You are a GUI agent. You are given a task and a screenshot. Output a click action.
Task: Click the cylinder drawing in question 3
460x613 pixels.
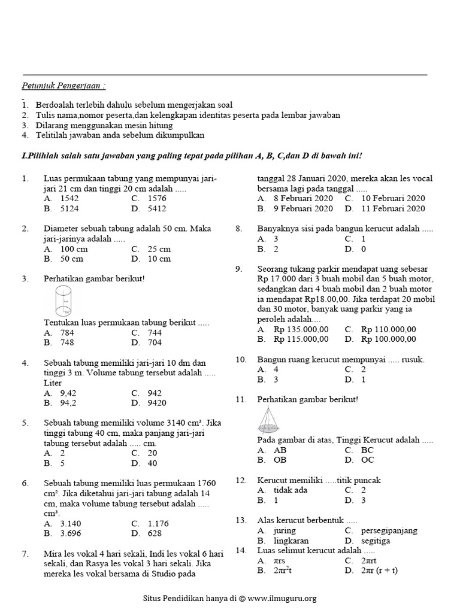point(62,301)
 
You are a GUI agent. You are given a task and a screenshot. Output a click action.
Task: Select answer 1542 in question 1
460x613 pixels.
point(69,198)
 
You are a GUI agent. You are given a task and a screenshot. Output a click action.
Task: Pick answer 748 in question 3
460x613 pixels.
point(67,342)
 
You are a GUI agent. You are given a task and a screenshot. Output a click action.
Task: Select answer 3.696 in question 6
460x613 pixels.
point(72,533)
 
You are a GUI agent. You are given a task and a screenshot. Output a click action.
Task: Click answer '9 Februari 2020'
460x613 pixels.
point(303,209)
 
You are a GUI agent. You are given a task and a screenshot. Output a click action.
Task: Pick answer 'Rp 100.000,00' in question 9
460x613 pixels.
point(388,339)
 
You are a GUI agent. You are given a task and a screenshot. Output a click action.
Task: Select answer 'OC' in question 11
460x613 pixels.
point(368,460)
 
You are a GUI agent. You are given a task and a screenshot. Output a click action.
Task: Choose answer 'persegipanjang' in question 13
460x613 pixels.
point(389,530)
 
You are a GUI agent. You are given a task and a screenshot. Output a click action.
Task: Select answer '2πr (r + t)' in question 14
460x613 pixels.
point(379,570)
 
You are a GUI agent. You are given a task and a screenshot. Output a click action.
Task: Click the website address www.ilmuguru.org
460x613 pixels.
point(282,597)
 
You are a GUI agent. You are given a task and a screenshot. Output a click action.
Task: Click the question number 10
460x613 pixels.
point(241,359)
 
